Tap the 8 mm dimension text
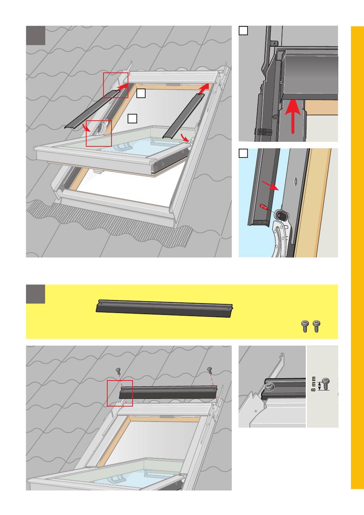point(313,384)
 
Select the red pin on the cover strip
point(264,207)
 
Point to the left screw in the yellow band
point(305,326)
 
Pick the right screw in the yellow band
point(316,326)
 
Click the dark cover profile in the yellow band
point(164,308)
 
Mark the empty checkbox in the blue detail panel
point(243,153)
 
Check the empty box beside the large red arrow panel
point(243,31)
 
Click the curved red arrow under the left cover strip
point(88,127)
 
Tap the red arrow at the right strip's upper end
point(204,89)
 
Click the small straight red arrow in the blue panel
point(271,185)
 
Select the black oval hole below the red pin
point(280,215)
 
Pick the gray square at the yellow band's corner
point(35,294)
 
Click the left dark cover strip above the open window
point(92,110)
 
